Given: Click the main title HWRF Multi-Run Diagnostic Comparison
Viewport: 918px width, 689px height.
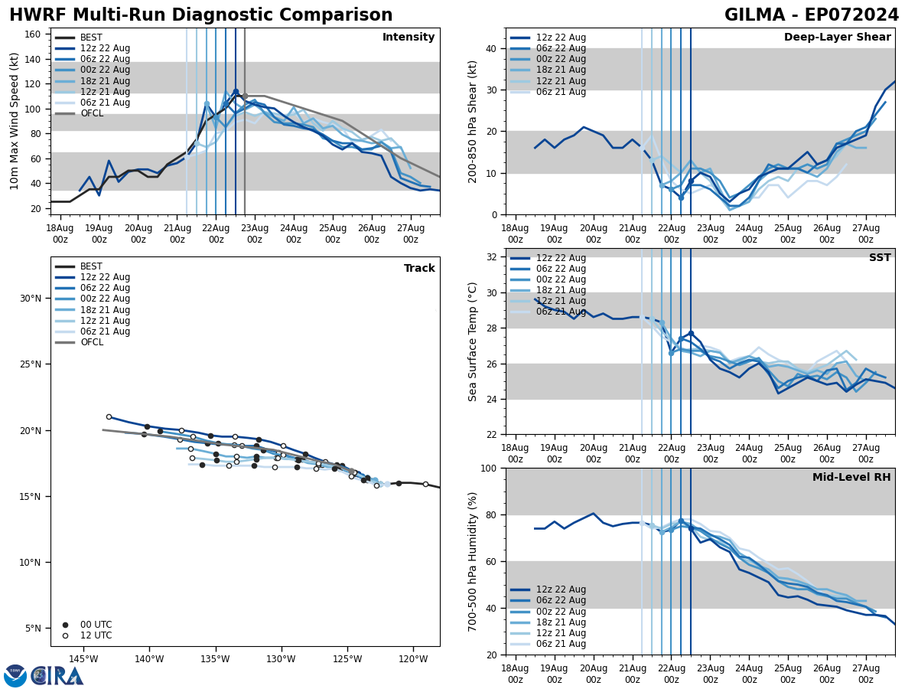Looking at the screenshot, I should point(200,15).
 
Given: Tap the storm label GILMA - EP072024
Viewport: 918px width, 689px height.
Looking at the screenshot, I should point(812,15).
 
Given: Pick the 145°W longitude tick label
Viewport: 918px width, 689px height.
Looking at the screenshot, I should point(83,660).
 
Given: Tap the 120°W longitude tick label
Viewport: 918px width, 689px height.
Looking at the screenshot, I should point(412,660).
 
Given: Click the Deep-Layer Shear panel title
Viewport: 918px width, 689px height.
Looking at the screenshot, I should point(837,38).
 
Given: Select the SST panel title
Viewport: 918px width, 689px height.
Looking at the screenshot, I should point(879,258).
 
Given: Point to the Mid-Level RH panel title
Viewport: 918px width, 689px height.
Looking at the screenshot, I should point(851,478).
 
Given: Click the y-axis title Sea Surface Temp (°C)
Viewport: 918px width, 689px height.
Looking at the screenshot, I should point(474,341).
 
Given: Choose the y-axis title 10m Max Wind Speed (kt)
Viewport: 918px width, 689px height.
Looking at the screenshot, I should point(15,121).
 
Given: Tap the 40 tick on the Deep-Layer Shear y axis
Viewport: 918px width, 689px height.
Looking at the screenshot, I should point(490,48).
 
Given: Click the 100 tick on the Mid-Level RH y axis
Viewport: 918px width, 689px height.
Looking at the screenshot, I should point(487,469).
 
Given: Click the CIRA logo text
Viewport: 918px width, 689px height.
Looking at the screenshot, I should point(57,676).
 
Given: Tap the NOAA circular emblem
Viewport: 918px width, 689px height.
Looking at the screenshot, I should point(15,676).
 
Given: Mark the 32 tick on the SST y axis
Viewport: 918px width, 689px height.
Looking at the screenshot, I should point(490,257).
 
